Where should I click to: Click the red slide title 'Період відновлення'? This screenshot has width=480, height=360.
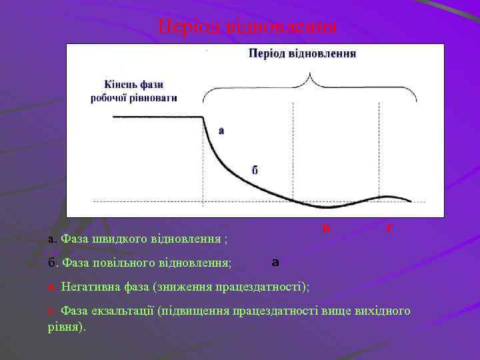click(248, 27)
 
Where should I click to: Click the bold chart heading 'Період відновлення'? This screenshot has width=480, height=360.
click(302, 53)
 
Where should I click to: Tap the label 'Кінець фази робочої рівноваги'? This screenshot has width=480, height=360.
click(134, 91)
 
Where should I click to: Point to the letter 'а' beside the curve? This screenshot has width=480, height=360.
click(221, 131)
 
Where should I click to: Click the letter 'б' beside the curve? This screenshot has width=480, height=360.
click(255, 169)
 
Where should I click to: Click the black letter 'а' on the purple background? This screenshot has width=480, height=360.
click(275, 263)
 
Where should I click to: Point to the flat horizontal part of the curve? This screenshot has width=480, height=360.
click(157, 117)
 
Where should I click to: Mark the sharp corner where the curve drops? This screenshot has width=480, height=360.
click(203, 117)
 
